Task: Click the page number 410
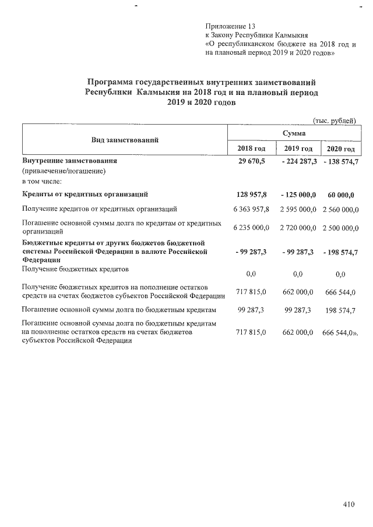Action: (x=349, y=505)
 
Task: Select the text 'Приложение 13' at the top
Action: (x=230, y=27)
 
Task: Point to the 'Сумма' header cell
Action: (x=294, y=133)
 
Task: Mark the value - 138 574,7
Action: (x=340, y=161)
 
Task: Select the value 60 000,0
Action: (x=341, y=194)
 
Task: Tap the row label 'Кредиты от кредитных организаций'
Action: (x=84, y=194)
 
